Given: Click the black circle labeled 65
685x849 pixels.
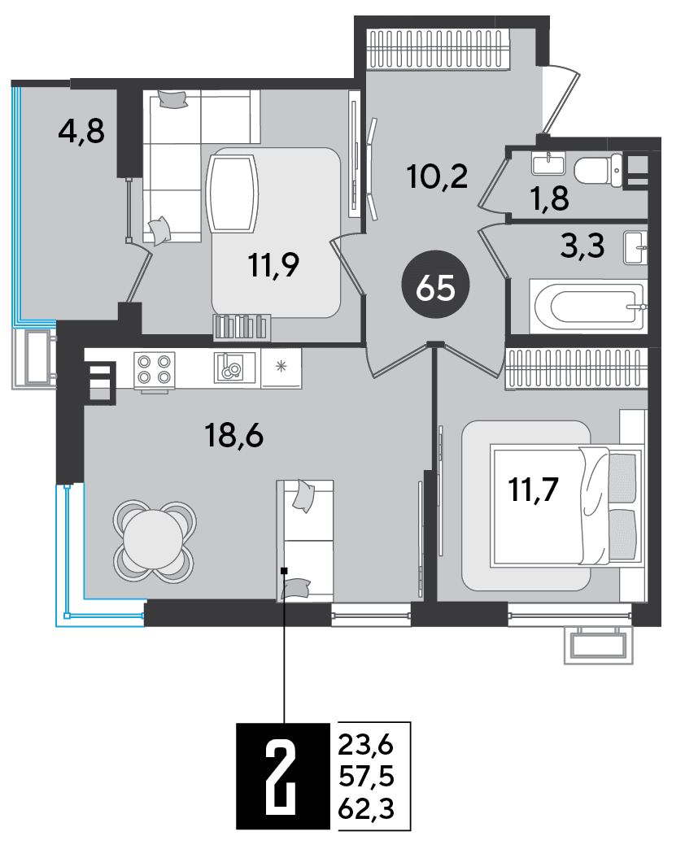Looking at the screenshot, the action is pos(435,285).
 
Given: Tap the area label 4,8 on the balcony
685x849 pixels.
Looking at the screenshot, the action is pos(81,132).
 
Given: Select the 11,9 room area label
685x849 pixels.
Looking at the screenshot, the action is pos(273,265).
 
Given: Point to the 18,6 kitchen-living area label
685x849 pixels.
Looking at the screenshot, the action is pos(234,435).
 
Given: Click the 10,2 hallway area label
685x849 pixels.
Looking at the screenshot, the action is pos(438,176).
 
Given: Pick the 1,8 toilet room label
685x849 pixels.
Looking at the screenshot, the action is pos(550,198).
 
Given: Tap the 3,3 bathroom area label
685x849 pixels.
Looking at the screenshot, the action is pos(582,246).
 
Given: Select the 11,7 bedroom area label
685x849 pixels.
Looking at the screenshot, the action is pos(534,490).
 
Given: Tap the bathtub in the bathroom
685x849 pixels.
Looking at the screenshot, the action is pos(588,307).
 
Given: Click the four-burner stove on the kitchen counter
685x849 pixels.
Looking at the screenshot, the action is pos(155,368).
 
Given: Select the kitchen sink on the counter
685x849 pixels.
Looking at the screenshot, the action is pos(234,368).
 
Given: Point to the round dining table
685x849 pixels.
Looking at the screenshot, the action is pos(154,540).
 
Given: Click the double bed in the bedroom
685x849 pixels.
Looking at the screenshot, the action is pos(566,505).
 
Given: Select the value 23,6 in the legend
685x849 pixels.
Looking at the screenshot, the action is pos(366,746).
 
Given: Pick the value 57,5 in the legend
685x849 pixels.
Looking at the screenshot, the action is pos(367,777).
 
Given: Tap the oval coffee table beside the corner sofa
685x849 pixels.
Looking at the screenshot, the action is pos(233,194).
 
